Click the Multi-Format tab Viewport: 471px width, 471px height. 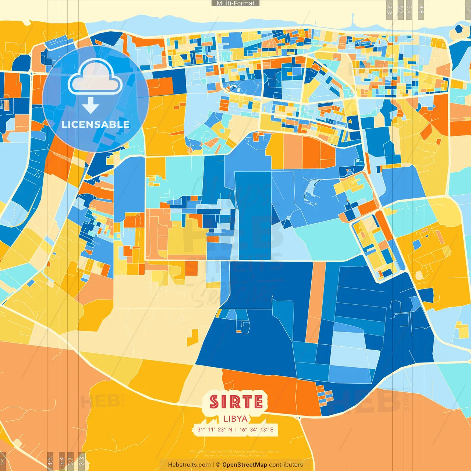pos(235,3)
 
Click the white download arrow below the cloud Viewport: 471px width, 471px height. pos(91,106)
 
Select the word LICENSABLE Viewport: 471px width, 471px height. pos(96,125)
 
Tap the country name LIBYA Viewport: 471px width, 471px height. pos(235,419)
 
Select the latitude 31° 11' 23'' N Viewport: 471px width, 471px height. pos(215,429)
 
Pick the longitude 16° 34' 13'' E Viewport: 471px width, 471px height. pos(256,429)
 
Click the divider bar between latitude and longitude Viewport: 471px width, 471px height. pos(236,429)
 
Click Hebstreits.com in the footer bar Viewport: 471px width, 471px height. pos(189,465)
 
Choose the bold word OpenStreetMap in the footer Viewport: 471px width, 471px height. pos(245,465)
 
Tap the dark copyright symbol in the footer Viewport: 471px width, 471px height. pos(218,465)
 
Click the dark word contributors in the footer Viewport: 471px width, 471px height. pos(286,465)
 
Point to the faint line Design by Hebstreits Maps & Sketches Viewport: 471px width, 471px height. pos(235,456)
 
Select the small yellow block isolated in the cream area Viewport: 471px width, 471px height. pos(192,338)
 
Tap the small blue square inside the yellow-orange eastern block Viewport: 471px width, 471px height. pos(417,245)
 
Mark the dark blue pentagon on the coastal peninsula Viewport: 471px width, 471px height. pos(459,28)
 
